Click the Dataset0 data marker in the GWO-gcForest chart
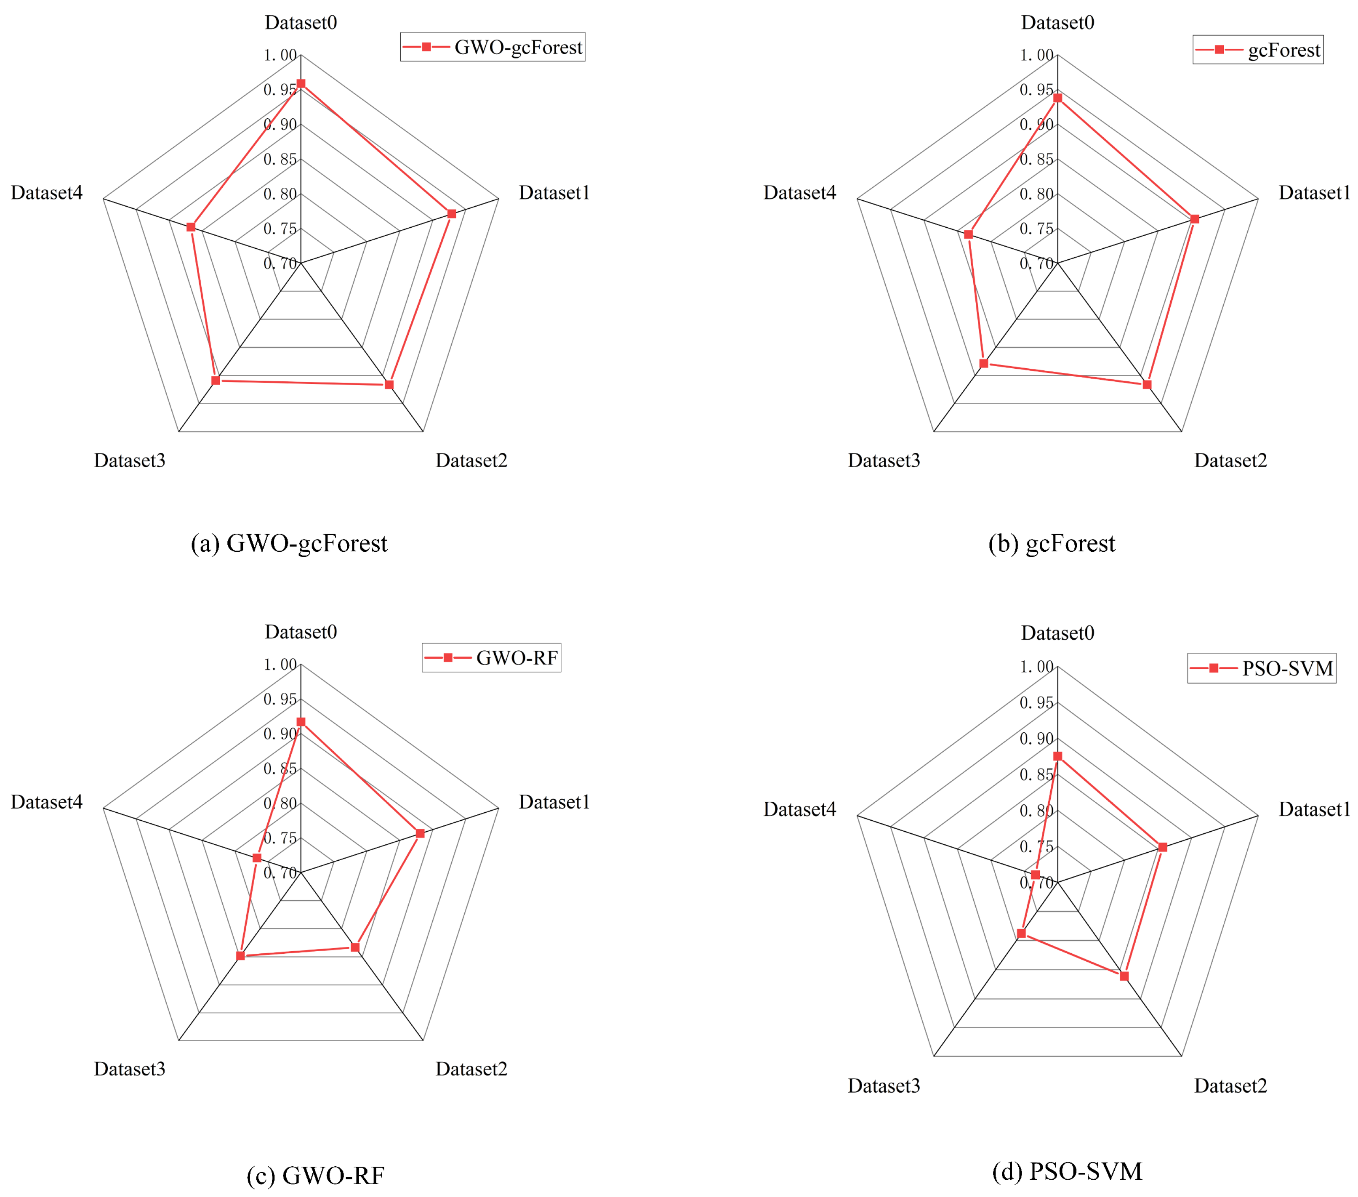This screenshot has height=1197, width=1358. click(x=301, y=84)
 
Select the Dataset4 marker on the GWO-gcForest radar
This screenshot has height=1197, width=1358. click(x=191, y=227)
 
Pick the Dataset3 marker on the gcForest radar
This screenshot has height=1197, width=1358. click(x=984, y=363)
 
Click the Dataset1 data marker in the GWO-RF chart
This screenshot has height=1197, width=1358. click(x=420, y=833)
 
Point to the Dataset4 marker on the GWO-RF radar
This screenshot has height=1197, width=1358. click(x=257, y=858)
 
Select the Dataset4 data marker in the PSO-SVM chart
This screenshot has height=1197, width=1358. click(x=1035, y=875)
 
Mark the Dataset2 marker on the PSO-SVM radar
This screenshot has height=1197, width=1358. click(x=1124, y=976)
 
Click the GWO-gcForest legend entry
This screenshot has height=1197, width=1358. click(x=493, y=47)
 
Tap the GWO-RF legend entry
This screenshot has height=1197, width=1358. click(x=492, y=657)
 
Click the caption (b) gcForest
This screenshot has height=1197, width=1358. click(x=1052, y=543)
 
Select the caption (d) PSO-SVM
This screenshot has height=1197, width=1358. click(x=1067, y=1171)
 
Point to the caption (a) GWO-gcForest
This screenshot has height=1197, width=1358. click(x=289, y=543)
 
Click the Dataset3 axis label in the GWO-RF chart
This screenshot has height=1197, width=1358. click(x=130, y=1069)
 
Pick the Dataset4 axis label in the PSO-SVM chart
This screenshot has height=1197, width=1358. click(x=799, y=809)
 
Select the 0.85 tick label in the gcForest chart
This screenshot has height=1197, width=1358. click(x=1036, y=160)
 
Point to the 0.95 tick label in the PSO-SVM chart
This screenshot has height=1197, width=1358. click(x=1036, y=703)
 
